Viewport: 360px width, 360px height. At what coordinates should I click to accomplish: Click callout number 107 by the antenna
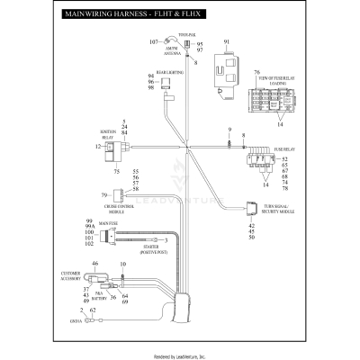153,42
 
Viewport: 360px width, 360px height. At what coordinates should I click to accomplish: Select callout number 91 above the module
227,42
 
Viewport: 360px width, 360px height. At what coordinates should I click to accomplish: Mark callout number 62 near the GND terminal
93,310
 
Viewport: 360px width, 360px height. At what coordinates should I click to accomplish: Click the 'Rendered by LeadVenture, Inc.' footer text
180,355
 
